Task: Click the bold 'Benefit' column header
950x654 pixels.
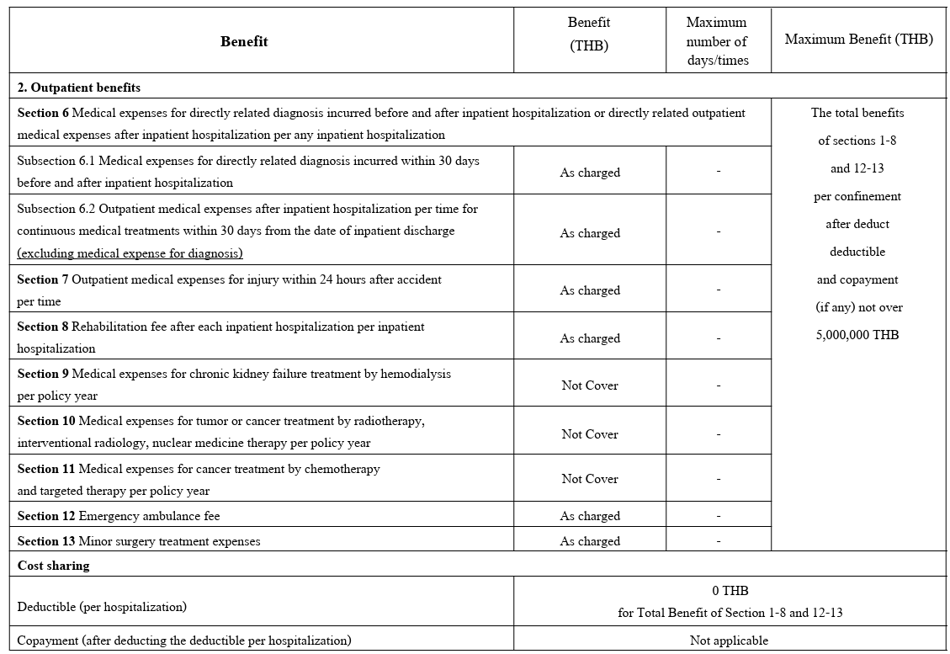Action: [244, 41]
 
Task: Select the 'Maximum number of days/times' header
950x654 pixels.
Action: [717, 41]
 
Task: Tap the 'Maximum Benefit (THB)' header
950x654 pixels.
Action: [858, 40]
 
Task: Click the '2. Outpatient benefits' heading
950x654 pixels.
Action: [79, 87]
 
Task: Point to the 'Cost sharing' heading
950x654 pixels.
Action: [53, 566]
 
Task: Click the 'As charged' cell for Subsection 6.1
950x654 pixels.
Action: [590, 173]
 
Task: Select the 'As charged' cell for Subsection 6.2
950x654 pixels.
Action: [590, 233]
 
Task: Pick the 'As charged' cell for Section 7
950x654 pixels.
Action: [590, 290]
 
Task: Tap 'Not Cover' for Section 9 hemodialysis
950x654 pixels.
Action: [590, 385]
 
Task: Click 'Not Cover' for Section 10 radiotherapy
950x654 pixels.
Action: [590, 434]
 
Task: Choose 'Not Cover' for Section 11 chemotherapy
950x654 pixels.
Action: [590, 479]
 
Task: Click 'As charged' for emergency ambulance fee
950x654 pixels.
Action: [590, 516]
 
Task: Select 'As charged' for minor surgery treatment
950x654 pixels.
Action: [590, 541]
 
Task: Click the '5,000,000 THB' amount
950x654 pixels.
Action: [857, 335]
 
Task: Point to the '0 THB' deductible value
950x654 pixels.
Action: [730, 591]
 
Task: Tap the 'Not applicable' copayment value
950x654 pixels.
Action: [729, 641]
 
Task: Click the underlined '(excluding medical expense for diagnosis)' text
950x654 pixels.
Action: [130, 253]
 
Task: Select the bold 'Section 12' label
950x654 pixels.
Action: [47, 516]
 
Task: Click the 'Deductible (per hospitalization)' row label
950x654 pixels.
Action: [102, 607]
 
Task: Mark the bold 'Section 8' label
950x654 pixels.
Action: [43, 327]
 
